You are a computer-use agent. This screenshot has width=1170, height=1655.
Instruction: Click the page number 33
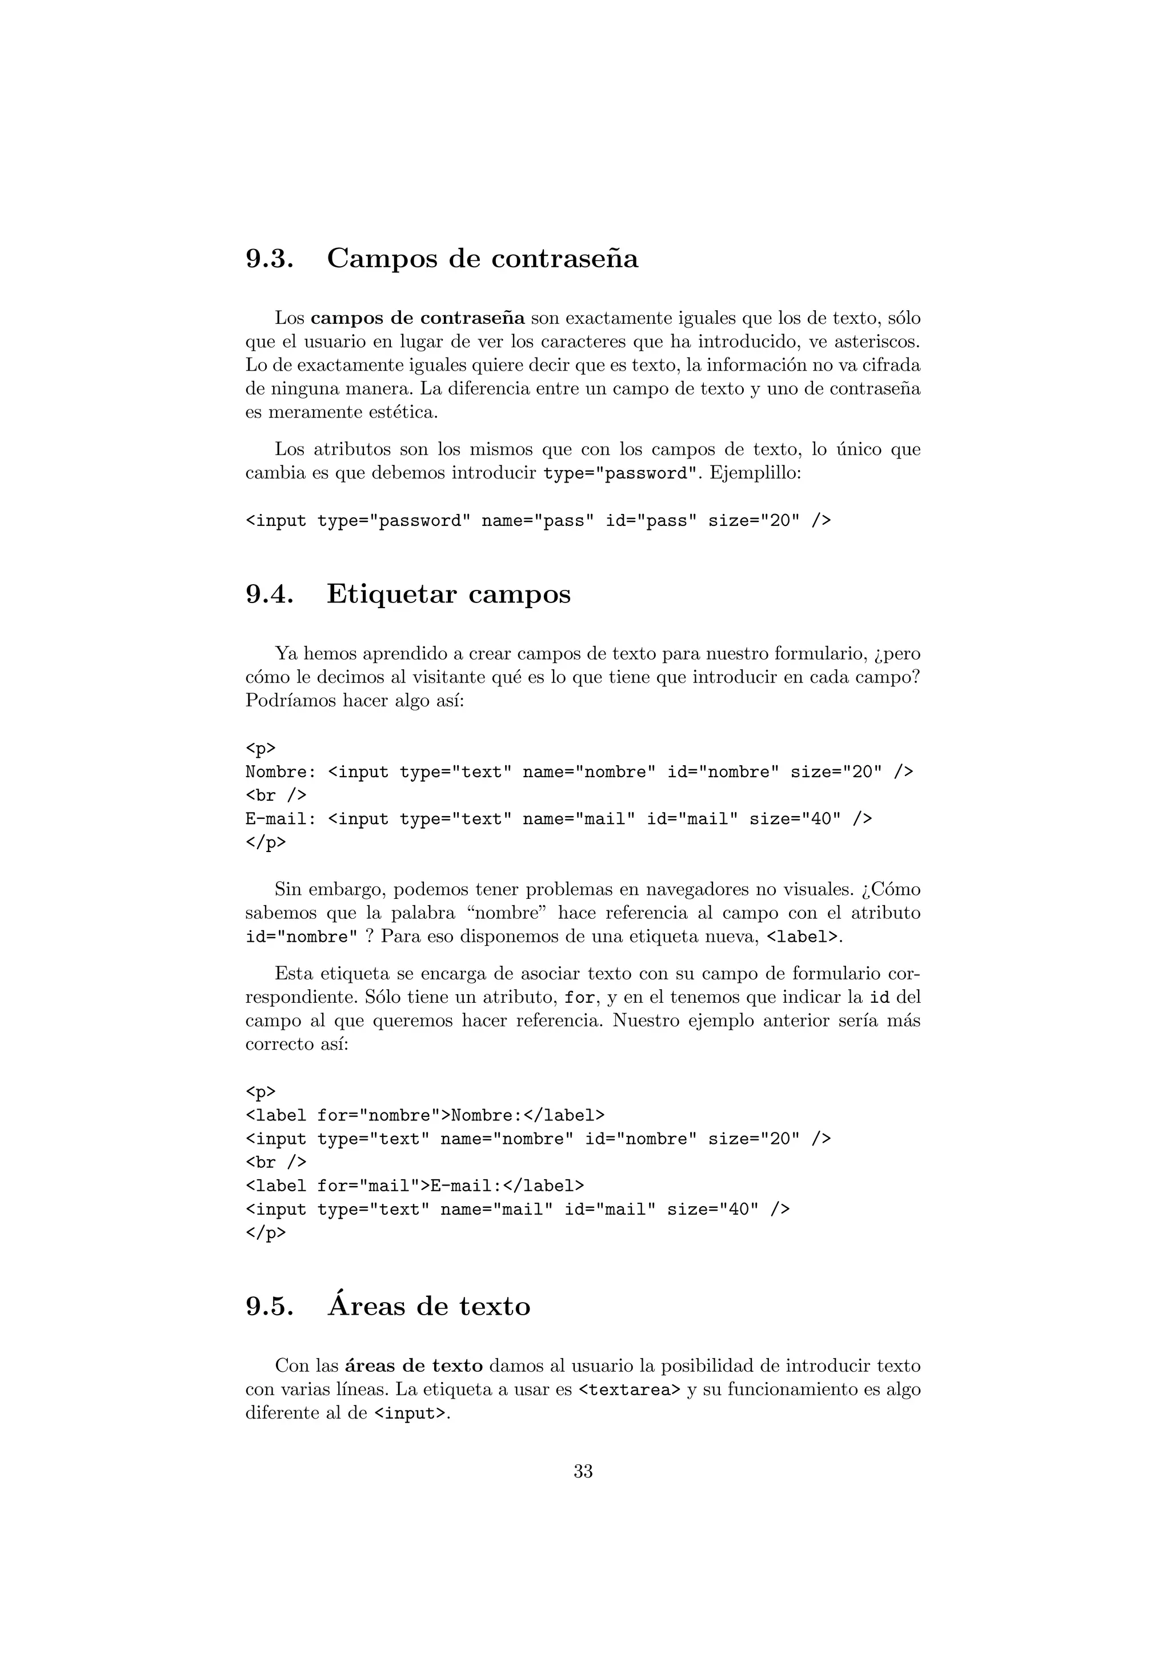coord(583,1472)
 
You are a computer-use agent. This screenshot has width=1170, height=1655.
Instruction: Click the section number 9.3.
coord(269,259)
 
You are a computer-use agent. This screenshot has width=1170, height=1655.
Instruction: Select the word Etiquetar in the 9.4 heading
coord(391,594)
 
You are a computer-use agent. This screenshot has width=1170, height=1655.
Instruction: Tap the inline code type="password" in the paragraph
coord(620,473)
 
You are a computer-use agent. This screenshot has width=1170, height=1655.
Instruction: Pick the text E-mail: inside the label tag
coord(462,1186)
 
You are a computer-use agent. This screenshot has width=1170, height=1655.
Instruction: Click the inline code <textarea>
coord(630,1390)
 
